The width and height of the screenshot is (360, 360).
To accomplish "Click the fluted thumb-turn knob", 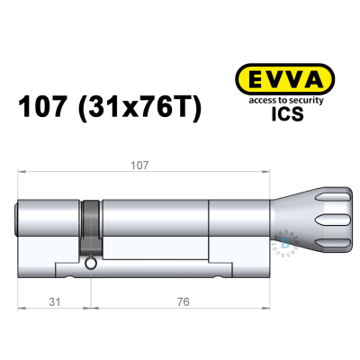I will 310,216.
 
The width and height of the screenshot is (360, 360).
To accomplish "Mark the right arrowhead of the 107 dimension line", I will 266,172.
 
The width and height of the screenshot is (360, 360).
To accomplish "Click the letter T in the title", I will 184,110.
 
